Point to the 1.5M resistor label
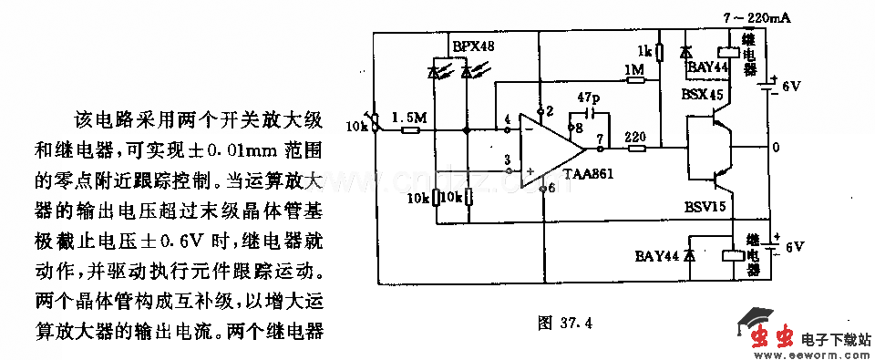pyautogui.click(x=407, y=118)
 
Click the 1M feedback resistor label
pyautogui.click(x=633, y=70)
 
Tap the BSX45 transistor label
pyautogui.click(x=702, y=95)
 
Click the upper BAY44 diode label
pyautogui.click(x=706, y=67)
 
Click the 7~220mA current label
pyautogui.click(x=755, y=17)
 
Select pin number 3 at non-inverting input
pyautogui.click(x=507, y=160)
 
